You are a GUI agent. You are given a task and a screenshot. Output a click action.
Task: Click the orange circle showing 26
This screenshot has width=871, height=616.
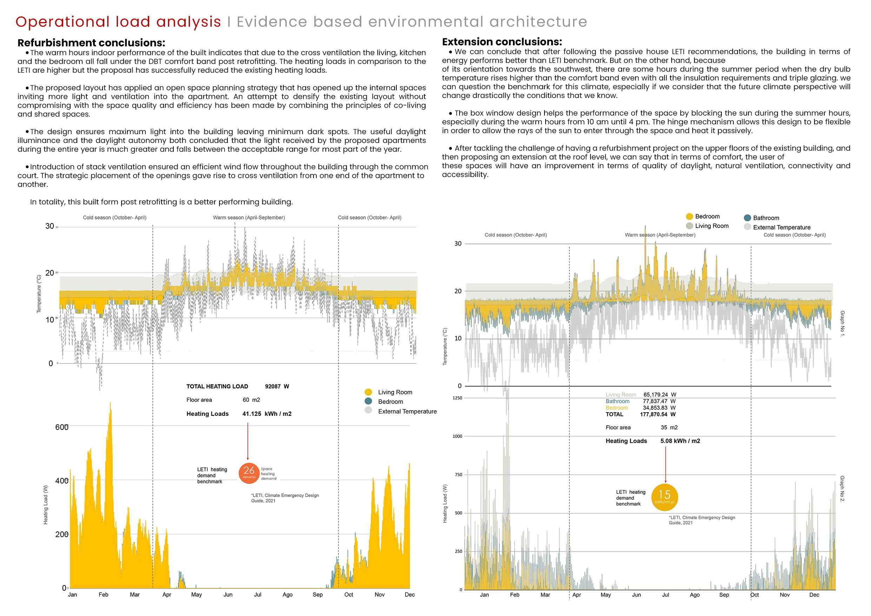pos(249,473)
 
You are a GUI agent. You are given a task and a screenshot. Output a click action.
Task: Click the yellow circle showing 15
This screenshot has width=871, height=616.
pos(664,497)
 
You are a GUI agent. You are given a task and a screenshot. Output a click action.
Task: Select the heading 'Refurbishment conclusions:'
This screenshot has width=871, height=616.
pos(91,42)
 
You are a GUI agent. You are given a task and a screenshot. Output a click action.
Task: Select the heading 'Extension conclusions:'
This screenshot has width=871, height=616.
pos(502,42)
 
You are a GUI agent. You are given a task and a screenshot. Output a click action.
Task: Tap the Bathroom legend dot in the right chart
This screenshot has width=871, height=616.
pos(747,218)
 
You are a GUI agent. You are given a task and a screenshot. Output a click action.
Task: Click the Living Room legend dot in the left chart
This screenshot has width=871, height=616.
pos(368,392)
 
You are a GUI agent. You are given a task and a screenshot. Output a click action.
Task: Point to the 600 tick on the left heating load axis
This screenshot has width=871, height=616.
pos(61,427)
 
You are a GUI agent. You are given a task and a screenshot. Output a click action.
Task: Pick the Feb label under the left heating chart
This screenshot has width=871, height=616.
pos(103,594)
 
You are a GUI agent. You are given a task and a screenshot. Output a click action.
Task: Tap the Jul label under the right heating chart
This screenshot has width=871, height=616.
pos(665,595)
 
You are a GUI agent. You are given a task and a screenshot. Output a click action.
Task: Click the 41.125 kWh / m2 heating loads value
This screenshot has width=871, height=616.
pos(267,414)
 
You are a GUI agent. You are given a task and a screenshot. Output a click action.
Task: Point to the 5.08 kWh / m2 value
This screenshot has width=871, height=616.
pos(680,441)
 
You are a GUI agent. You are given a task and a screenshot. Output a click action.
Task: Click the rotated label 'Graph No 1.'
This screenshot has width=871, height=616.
pos(842,323)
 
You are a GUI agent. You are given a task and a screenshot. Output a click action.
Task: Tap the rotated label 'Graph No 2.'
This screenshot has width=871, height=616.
pos(842,489)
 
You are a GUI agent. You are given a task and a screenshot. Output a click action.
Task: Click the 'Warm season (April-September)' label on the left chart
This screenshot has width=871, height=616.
pos(249,217)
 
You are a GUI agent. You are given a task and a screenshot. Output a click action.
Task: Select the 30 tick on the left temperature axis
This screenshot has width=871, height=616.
pos(50,226)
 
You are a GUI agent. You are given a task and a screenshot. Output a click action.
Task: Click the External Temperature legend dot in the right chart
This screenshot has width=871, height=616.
pos(747,227)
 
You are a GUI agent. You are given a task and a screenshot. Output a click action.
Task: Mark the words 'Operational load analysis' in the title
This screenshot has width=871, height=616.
pos(118,22)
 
